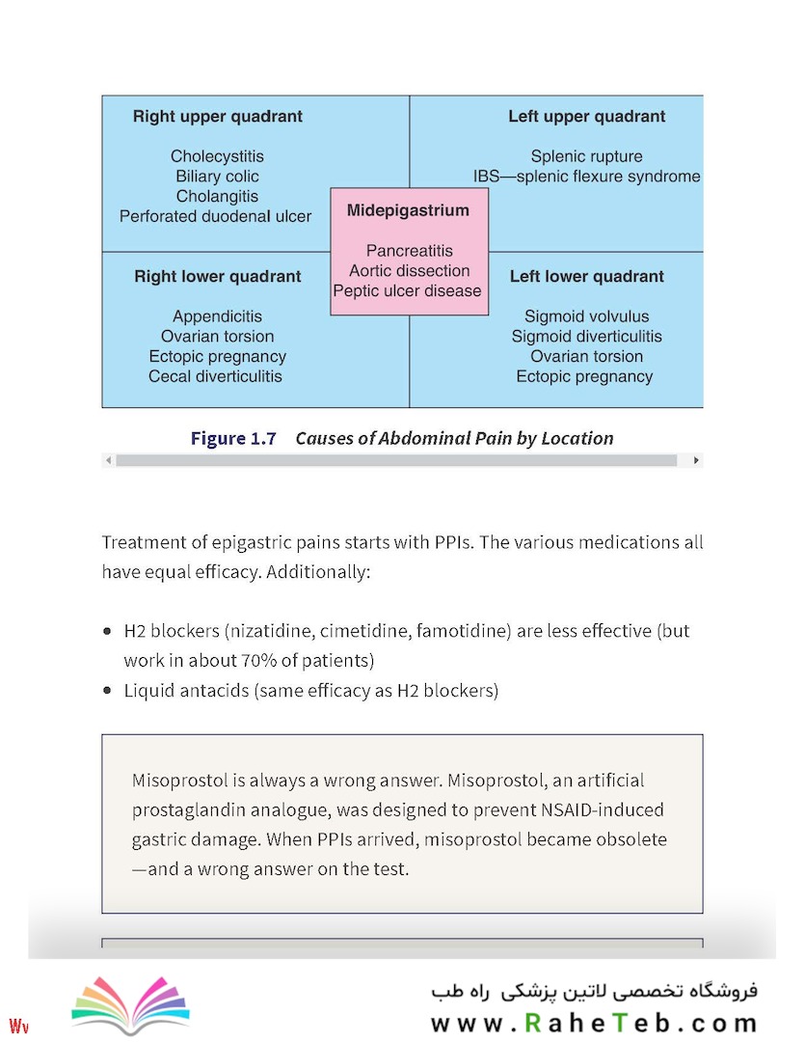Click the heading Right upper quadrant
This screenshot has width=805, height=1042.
[x=217, y=117]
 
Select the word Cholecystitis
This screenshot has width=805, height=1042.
[x=217, y=156]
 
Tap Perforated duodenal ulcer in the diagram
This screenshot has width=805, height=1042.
[x=215, y=216]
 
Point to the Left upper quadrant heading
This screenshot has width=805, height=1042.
[x=586, y=117]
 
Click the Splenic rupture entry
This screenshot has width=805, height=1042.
[x=586, y=156]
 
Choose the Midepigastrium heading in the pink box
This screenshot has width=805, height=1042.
[x=408, y=210]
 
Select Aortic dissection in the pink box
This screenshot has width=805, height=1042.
[x=409, y=270]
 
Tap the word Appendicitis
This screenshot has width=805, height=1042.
[x=217, y=316]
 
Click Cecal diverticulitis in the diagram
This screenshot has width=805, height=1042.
[x=215, y=376]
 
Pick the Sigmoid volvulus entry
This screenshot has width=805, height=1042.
[x=586, y=316]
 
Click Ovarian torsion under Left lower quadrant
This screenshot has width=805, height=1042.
[x=586, y=356]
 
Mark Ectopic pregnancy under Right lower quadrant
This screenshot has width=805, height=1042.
[x=217, y=357]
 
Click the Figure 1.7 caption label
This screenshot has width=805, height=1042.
[x=233, y=439]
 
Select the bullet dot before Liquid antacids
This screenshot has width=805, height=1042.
[x=108, y=691]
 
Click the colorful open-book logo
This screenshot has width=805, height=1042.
[x=131, y=1004]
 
